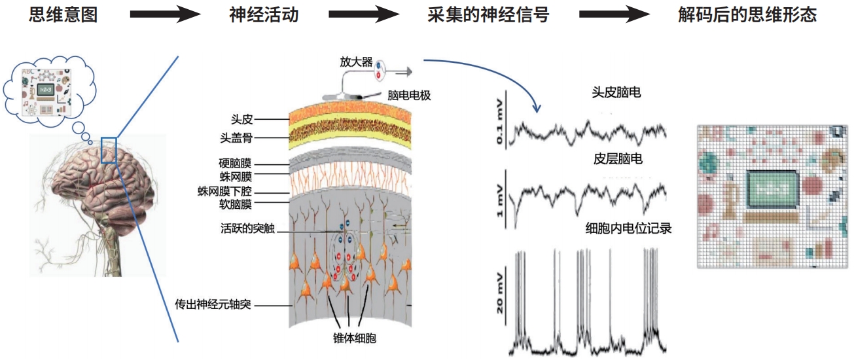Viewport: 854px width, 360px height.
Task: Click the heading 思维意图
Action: (x=63, y=15)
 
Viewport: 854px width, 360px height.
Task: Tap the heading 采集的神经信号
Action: (x=488, y=15)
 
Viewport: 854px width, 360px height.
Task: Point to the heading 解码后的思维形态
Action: (x=747, y=15)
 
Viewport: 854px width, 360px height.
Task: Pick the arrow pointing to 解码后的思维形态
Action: (x=614, y=15)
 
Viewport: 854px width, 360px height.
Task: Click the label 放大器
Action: (x=356, y=62)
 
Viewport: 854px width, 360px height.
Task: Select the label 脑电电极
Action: (x=410, y=96)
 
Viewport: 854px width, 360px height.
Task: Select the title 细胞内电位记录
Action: (x=628, y=228)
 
